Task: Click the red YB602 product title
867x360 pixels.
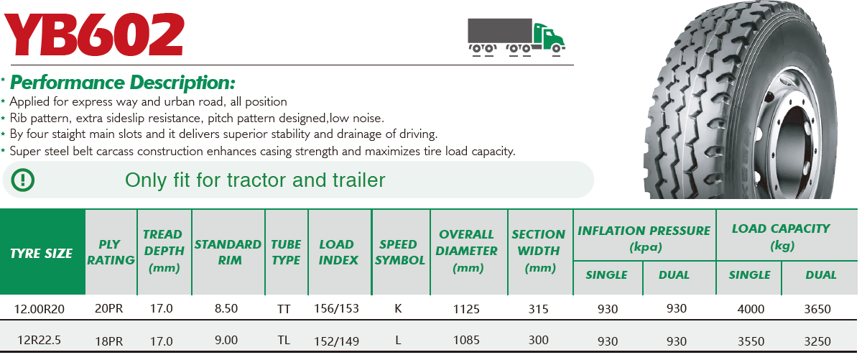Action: tap(93, 34)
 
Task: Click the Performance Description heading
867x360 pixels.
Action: tap(122, 83)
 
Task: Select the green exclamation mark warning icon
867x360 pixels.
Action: tap(23, 180)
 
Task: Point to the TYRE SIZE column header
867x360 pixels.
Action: tap(41, 253)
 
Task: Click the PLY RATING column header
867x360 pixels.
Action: tap(111, 252)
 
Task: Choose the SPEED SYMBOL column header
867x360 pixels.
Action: tap(400, 252)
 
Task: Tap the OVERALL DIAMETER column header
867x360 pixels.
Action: tap(467, 251)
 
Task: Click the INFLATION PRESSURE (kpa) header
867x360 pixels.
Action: tap(644, 239)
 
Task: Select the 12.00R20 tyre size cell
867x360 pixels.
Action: tap(39, 309)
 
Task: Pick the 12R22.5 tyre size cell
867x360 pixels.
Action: tap(39, 341)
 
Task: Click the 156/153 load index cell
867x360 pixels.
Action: tap(336, 308)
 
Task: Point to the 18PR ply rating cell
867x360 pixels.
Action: tap(108, 341)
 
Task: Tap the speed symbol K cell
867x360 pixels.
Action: tap(398, 308)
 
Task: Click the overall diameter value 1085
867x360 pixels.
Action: tap(466, 341)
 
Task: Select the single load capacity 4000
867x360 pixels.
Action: tap(751, 309)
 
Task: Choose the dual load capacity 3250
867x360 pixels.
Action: tap(817, 341)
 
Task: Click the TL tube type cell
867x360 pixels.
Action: tap(284, 341)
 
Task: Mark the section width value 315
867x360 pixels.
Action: tap(539, 309)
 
